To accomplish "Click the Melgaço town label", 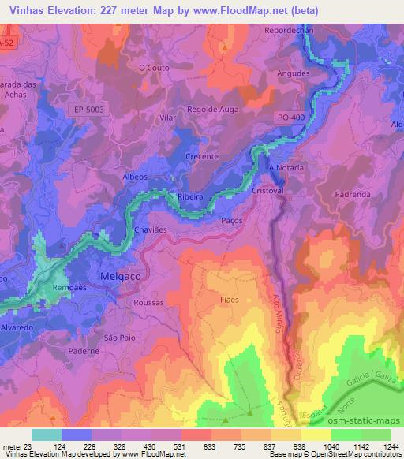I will (120, 275).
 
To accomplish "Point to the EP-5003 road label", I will (86, 110).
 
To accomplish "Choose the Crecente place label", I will (201, 156).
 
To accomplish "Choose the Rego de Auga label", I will (208, 109).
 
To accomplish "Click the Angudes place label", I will (293, 73).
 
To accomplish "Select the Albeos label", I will (136, 177).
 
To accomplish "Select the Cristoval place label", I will (267, 191).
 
